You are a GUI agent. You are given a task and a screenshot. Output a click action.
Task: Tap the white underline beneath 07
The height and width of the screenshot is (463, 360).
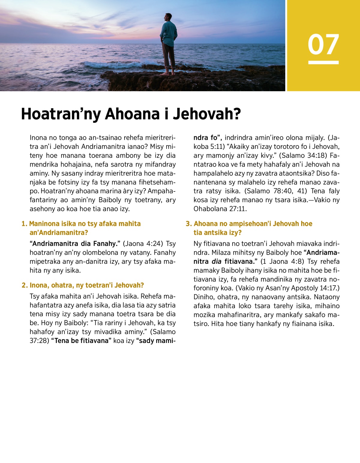click(x=323, y=62)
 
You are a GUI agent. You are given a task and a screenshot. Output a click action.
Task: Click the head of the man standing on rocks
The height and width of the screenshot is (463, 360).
click(x=169, y=17)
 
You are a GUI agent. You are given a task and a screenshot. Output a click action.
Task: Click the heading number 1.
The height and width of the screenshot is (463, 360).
click(x=24, y=224)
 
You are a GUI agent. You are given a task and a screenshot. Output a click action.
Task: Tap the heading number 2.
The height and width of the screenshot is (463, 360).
click(x=24, y=285)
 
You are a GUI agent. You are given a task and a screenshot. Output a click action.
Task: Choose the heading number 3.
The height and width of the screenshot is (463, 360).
click(x=188, y=224)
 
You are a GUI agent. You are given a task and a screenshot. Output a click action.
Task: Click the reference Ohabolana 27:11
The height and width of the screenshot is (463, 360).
click(x=220, y=209)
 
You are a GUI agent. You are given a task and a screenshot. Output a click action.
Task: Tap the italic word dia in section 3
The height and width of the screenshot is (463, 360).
click(x=216, y=262)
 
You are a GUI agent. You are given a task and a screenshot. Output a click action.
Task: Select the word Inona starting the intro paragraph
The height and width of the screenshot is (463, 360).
click(x=38, y=138)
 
